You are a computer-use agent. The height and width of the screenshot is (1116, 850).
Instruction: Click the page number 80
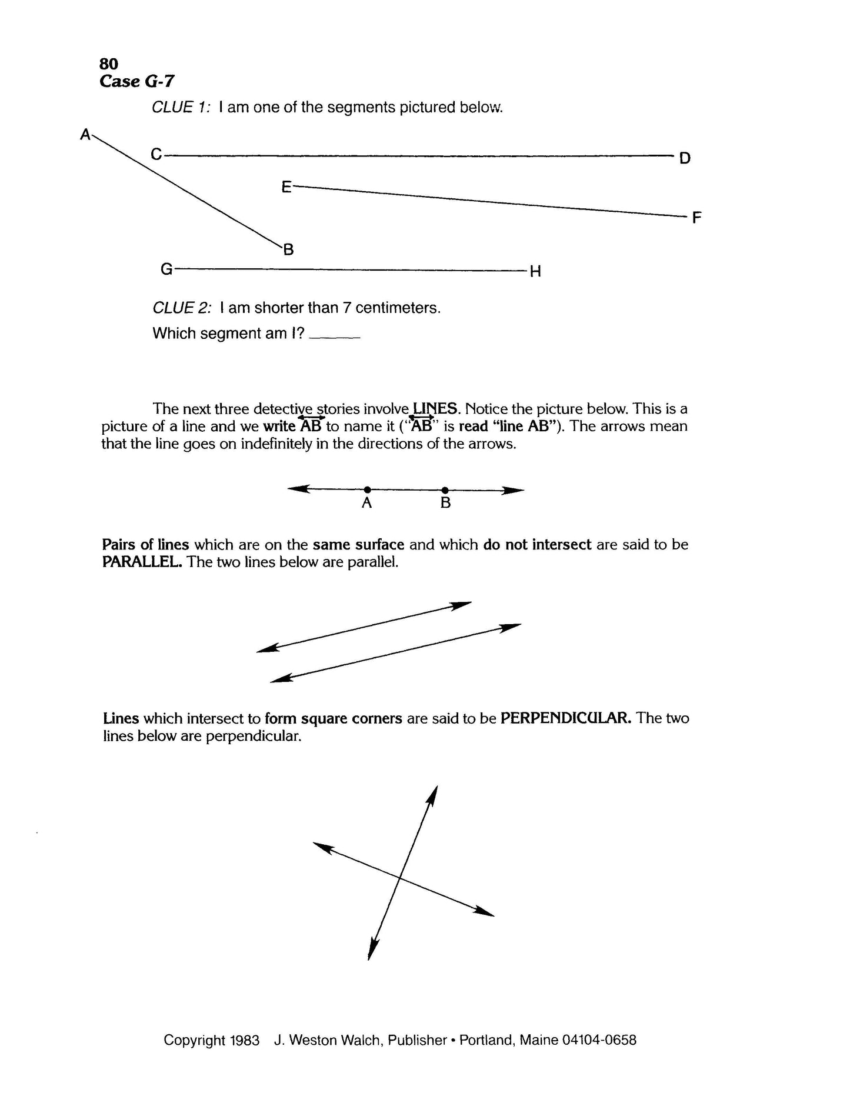(x=109, y=64)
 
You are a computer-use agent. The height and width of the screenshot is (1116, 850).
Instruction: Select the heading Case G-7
(x=136, y=81)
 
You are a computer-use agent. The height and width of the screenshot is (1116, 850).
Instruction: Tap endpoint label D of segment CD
(x=685, y=158)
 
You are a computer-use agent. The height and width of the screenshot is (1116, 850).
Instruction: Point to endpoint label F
(x=697, y=218)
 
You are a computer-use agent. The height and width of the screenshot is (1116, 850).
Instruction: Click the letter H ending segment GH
(x=535, y=272)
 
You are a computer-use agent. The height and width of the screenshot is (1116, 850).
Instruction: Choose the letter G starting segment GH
(x=166, y=269)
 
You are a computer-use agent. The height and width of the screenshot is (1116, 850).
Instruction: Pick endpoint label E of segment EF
(x=286, y=187)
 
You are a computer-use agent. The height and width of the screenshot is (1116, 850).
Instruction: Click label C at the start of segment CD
(x=156, y=154)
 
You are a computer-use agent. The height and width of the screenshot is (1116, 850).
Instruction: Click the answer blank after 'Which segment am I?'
(x=334, y=336)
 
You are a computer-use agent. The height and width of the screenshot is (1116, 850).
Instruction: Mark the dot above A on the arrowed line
(x=367, y=489)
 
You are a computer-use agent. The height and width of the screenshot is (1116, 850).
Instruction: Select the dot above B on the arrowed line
(x=445, y=489)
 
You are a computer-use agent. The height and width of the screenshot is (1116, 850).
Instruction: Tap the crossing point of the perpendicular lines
(x=400, y=878)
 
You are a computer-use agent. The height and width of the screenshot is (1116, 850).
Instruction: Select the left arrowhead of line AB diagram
(x=296, y=489)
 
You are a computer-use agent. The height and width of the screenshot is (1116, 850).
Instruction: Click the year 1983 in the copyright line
(x=245, y=1040)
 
